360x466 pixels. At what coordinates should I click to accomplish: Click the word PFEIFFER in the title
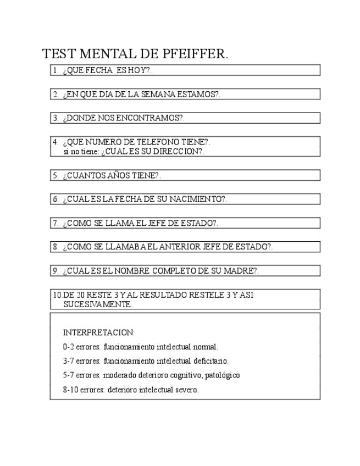(x=196, y=54)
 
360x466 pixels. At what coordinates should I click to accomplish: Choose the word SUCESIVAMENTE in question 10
(x=97, y=304)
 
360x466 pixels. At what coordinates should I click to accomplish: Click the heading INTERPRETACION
(x=99, y=332)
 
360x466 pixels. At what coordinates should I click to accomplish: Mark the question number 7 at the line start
(x=56, y=223)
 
